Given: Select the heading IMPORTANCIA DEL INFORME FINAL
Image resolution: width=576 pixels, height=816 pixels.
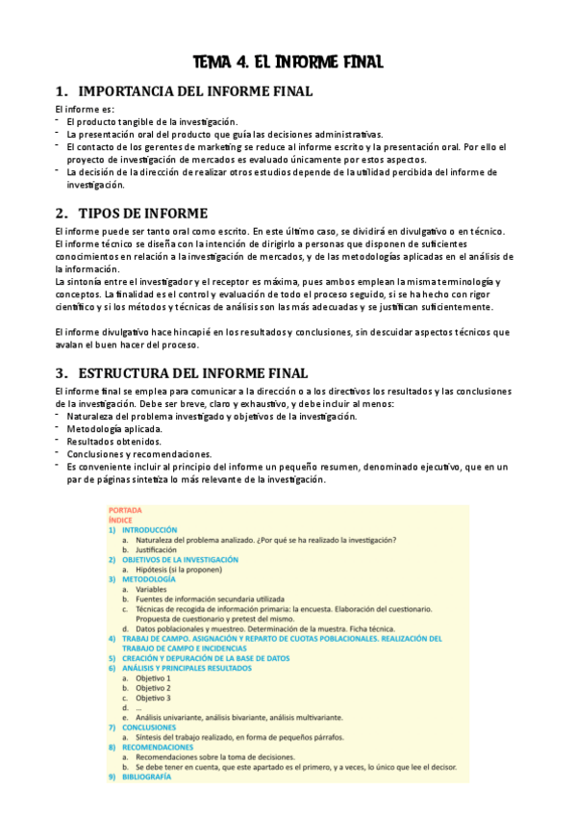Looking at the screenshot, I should [194, 92].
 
